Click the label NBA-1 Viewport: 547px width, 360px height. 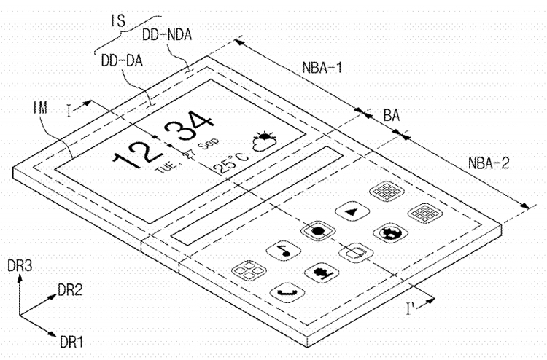pyautogui.click(x=322, y=68)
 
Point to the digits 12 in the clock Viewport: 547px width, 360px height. pyautogui.click(x=136, y=152)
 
